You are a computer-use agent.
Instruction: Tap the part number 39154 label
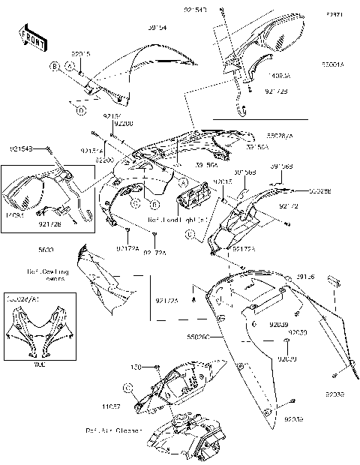156,28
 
